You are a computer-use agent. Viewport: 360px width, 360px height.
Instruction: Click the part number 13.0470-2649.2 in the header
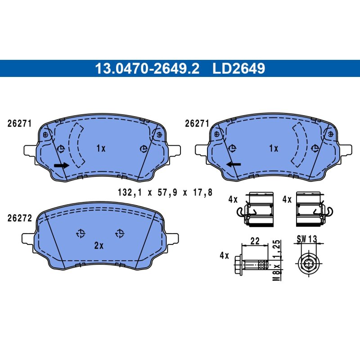[x=147, y=68]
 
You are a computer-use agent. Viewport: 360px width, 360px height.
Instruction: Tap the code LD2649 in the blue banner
[x=239, y=68]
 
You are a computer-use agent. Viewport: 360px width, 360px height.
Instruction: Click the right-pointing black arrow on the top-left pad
[x=62, y=165]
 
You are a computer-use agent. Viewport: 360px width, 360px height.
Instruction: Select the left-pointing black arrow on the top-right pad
[x=234, y=164]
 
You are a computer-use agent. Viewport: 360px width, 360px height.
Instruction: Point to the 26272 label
[x=20, y=218]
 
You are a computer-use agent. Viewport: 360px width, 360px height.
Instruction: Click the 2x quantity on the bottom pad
[x=99, y=246]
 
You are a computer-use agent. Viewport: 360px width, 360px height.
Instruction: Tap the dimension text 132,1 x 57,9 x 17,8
[x=165, y=193]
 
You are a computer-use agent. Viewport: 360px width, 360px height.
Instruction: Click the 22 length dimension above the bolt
[x=255, y=241]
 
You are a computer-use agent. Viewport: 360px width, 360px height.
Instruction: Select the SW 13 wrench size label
[x=307, y=239]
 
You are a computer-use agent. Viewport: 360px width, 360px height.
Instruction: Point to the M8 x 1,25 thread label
[x=277, y=260]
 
